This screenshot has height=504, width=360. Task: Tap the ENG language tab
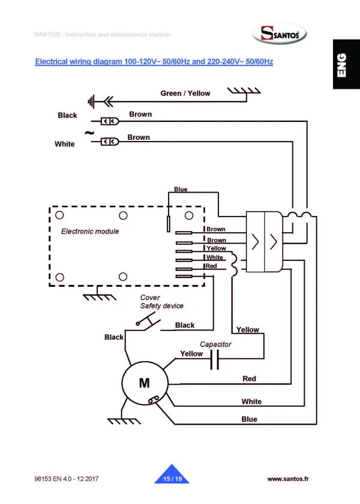[342, 64]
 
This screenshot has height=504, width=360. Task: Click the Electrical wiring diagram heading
[154, 62]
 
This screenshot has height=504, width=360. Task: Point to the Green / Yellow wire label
[185, 93]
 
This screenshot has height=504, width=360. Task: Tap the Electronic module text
[90, 231]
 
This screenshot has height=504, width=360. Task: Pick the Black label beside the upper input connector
[67, 115]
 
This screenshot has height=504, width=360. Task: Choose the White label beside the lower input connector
[65, 144]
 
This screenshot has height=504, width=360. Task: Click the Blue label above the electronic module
[181, 190]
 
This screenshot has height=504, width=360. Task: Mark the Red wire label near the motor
[249, 379]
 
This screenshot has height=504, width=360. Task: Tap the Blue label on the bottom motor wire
[249, 419]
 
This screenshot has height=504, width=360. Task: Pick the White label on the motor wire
[251, 401]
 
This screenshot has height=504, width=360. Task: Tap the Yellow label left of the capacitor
[191, 354]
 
